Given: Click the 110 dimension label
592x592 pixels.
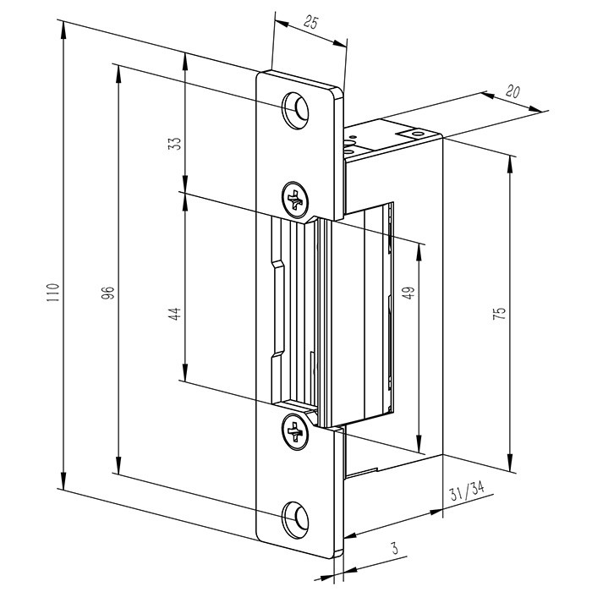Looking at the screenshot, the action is [53, 293].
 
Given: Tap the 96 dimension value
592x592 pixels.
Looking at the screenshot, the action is [108, 293].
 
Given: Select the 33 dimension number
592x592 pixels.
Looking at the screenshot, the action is [174, 144].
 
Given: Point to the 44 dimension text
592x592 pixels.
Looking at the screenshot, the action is [174, 315].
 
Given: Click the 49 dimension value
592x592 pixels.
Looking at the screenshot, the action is [408, 293].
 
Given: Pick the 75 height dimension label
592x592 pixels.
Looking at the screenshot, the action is [499, 314].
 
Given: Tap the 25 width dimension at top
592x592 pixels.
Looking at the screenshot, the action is [310, 23].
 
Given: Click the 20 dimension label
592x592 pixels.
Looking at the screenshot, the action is [513, 91].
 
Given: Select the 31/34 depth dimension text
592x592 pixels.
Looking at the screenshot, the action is [467, 491].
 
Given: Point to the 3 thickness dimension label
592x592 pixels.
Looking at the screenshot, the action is [395, 548].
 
